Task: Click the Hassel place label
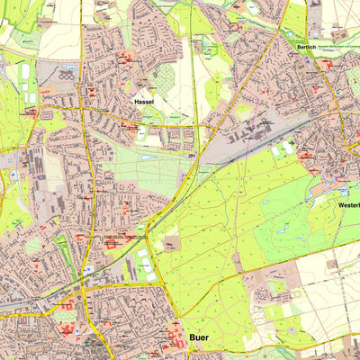point(144,103)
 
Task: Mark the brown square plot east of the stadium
point(170,244)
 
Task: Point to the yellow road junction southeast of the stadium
point(162,286)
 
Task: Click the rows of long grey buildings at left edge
point(38,166)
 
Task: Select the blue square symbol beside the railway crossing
point(90,267)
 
